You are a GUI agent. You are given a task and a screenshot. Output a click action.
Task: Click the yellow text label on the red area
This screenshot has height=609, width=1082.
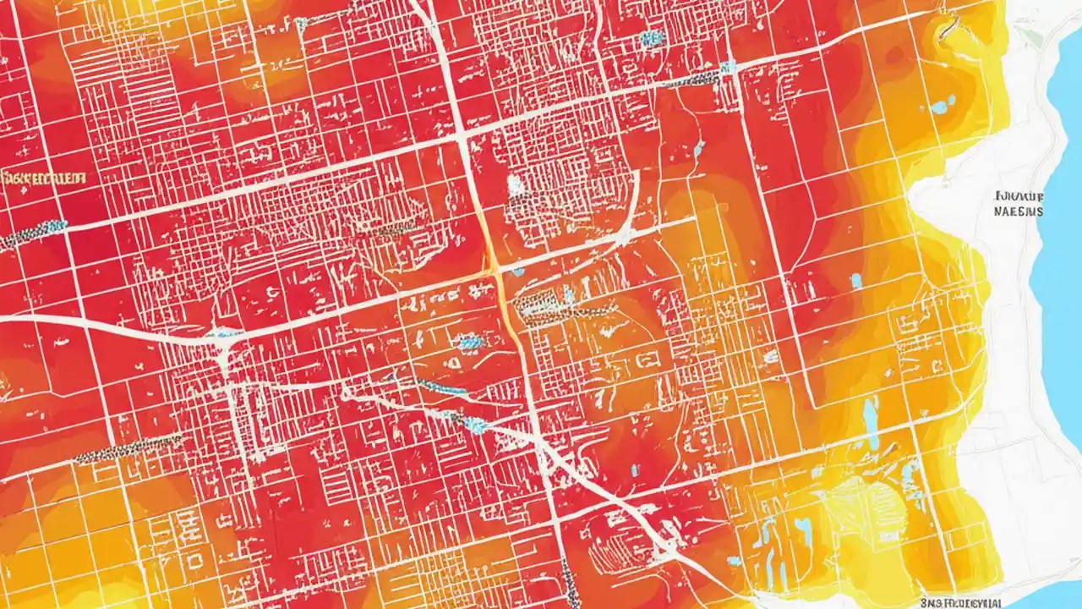click(x=44, y=178)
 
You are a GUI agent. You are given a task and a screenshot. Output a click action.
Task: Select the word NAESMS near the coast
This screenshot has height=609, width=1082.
click(x=1019, y=211)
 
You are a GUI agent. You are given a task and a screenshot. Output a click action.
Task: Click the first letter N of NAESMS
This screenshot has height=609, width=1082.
click(x=998, y=211)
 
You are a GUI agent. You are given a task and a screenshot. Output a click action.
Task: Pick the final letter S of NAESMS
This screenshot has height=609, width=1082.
click(x=1039, y=211)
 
